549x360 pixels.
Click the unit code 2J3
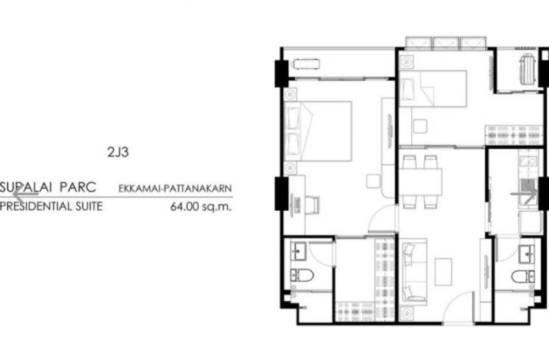click(x=118, y=152)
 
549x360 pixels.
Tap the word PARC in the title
click(x=78, y=187)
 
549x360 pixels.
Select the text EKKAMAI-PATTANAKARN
click(x=175, y=188)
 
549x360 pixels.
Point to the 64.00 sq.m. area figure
click(x=201, y=206)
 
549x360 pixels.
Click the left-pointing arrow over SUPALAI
click(x=25, y=194)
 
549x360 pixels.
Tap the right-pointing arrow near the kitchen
click(x=524, y=194)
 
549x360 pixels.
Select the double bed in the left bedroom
click(x=318, y=131)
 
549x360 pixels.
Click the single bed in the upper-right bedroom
click(x=433, y=89)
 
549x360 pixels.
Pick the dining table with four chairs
click(x=420, y=182)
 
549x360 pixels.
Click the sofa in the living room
click(x=413, y=272)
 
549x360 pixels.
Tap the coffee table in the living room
click(x=443, y=272)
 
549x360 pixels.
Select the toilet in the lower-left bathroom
click(x=301, y=275)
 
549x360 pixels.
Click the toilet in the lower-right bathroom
click(x=523, y=277)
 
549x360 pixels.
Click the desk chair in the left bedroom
click(x=313, y=205)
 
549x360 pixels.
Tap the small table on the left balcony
click(x=306, y=65)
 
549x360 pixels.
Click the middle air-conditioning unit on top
click(x=446, y=43)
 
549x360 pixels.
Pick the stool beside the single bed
click(x=420, y=126)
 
